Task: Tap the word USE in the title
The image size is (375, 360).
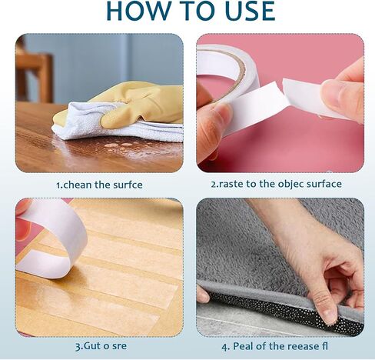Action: (249, 11)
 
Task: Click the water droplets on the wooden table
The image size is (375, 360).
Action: (118, 145)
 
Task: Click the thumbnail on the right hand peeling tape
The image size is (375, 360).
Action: (330, 90)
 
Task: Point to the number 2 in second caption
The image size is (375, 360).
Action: (214, 184)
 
